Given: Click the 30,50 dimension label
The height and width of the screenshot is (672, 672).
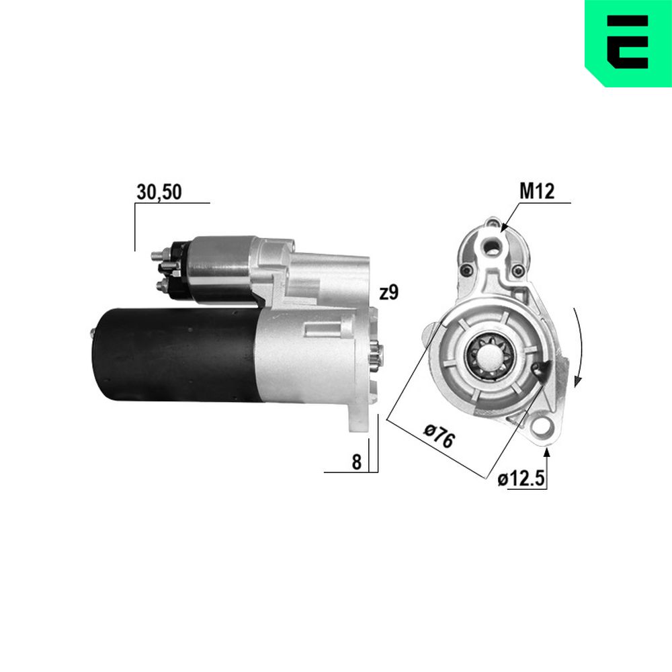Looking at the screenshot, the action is click(x=159, y=192).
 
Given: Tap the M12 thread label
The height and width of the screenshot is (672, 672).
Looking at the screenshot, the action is click(x=536, y=191).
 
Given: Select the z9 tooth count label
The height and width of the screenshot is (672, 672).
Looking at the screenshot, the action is click(x=389, y=292).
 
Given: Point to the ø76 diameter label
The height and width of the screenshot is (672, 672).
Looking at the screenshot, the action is click(x=439, y=435).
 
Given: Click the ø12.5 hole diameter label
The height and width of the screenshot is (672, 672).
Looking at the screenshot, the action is click(x=521, y=478).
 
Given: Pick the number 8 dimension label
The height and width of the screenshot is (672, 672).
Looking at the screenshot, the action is click(x=357, y=462).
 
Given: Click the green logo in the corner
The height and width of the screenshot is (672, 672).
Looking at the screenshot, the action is click(x=628, y=43).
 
